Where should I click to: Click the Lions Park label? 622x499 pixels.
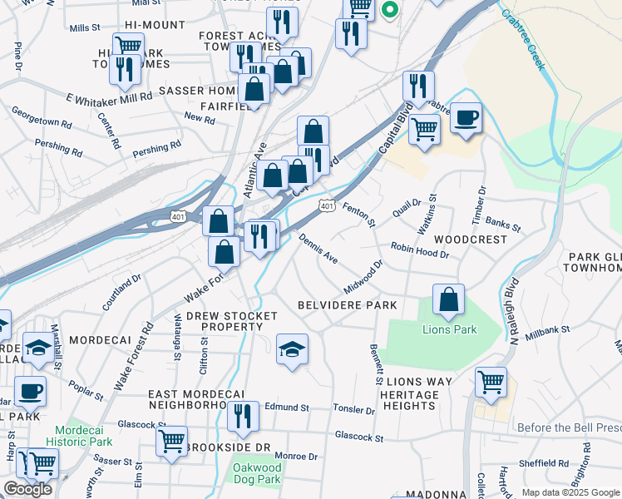(x=449, y=329)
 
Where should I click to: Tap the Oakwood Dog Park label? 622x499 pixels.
(x=257, y=473)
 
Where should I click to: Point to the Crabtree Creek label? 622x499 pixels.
(x=521, y=39)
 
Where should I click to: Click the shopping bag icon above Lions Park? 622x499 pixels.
(x=448, y=300)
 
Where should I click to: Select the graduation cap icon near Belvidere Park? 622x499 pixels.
(x=292, y=350)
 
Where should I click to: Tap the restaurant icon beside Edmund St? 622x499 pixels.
(x=242, y=416)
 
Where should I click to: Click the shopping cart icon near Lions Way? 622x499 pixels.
(x=491, y=383)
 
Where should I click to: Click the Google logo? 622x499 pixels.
(x=27, y=489)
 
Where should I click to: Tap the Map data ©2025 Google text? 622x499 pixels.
(x=570, y=492)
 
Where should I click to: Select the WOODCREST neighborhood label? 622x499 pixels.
(x=476, y=240)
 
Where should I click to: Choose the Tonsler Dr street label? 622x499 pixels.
(x=354, y=409)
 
